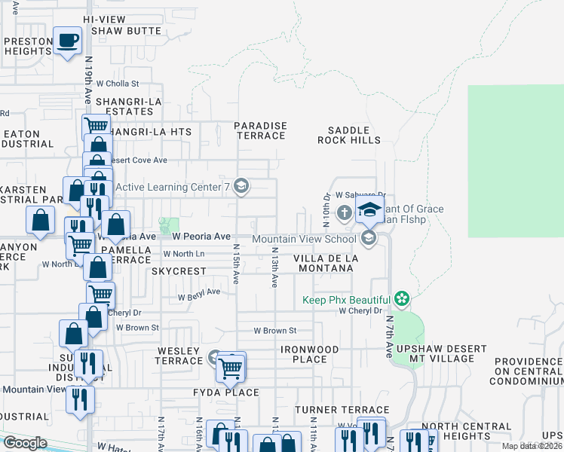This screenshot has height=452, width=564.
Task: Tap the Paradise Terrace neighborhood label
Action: point(260,130)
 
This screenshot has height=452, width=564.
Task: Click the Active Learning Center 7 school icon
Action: point(241,186)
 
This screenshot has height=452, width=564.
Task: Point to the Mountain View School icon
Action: point(369,239)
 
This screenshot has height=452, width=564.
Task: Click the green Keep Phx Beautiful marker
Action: point(402,300)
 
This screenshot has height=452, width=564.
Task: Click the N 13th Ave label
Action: point(274,267)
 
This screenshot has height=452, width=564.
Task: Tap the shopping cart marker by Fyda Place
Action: point(231,368)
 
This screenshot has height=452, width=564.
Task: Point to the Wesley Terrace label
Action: point(179,356)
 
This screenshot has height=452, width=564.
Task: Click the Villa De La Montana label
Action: point(326,262)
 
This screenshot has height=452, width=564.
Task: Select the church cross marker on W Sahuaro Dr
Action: point(344,212)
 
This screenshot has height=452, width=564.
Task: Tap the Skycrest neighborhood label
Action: point(179,270)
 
